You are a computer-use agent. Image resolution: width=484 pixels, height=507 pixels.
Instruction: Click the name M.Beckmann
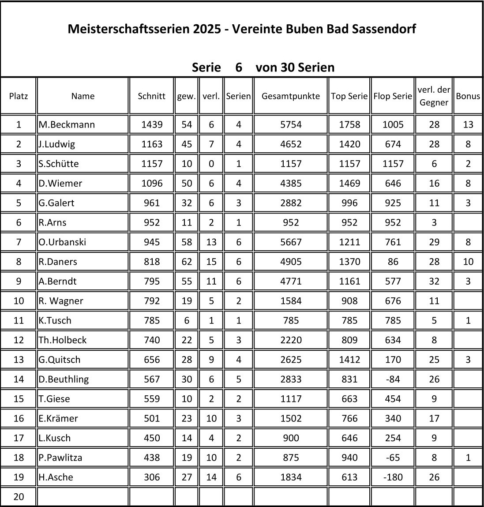(x=67, y=124)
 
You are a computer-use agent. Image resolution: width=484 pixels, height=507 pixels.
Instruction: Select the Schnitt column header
(x=151, y=96)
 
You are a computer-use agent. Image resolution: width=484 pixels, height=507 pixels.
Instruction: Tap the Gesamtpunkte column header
(x=291, y=96)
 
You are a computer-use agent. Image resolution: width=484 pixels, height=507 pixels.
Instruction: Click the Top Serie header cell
(x=349, y=96)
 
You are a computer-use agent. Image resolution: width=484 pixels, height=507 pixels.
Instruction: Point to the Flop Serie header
(x=393, y=96)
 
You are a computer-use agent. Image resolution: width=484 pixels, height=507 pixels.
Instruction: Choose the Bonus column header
(x=468, y=96)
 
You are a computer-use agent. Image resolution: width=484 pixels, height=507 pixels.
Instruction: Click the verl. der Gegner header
(x=434, y=96)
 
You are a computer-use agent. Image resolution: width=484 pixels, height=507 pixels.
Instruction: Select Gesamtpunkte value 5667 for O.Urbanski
(x=291, y=242)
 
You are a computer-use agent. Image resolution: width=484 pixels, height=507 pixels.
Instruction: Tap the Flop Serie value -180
(x=393, y=477)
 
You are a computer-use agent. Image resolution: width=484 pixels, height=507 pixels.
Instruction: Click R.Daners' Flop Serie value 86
(x=393, y=262)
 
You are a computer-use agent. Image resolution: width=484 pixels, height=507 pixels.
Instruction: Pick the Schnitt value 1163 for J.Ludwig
(x=151, y=144)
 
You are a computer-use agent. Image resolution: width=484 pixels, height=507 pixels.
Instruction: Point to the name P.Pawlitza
(x=60, y=458)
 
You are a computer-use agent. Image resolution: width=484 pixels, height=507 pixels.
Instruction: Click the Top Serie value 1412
(x=349, y=360)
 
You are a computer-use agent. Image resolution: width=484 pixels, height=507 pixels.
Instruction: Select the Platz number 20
(x=19, y=497)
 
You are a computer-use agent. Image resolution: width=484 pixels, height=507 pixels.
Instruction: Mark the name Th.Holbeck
(x=63, y=340)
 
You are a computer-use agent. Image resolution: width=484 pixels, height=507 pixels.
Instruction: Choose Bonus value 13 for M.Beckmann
(x=468, y=124)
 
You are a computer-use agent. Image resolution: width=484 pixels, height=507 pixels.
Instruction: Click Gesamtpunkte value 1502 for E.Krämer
(x=291, y=418)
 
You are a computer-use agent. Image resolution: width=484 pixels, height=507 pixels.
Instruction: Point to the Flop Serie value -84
(x=393, y=379)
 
